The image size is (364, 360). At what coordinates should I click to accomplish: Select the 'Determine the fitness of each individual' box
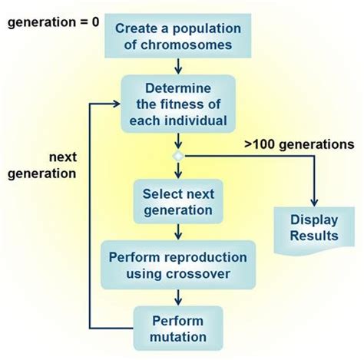178,104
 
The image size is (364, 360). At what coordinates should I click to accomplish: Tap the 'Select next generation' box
178,200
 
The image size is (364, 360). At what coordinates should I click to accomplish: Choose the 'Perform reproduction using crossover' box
178,264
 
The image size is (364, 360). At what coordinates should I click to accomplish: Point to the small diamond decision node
178,156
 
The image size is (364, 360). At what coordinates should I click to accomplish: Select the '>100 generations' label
299,144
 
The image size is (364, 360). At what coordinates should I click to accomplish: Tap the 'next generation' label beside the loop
41,164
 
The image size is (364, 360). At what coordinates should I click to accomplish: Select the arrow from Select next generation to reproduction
178,232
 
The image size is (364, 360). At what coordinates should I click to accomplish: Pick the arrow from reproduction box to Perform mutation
178,296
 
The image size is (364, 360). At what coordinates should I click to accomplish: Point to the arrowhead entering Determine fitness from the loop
117,103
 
